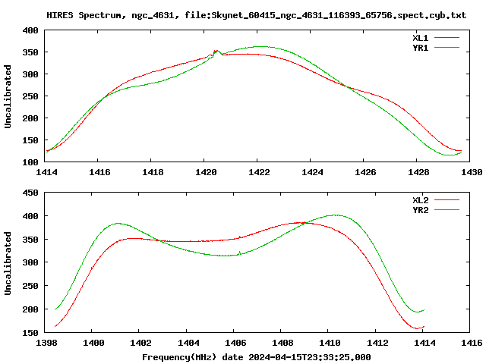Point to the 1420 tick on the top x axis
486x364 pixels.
click(204, 172)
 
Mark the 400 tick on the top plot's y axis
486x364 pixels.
click(30, 30)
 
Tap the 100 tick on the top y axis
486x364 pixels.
click(30, 162)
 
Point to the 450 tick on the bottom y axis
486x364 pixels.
click(30, 193)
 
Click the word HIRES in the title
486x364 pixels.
click(61, 15)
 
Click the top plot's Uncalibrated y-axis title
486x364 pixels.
click(8, 96)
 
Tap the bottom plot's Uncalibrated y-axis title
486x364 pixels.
click(8, 263)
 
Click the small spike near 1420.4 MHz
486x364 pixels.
click(216, 52)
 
